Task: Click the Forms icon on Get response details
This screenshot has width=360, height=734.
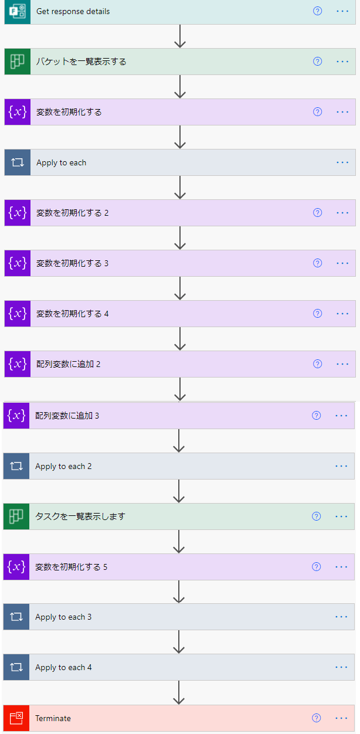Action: (17, 11)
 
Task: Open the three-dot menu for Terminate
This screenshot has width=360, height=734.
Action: (341, 718)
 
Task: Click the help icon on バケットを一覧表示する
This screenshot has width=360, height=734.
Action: (318, 62)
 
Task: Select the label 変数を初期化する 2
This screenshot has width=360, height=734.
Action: (73, 213)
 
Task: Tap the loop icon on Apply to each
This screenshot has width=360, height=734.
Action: (17, 162)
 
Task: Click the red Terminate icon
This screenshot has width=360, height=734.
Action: (16, 718)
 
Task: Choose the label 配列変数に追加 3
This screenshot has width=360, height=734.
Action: (67, 416)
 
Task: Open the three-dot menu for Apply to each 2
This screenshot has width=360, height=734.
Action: (341, 466)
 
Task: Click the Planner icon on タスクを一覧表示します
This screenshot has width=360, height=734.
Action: (16, 516)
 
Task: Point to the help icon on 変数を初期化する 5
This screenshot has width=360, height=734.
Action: (317, 567)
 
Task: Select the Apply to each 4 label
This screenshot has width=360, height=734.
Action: (63, 667)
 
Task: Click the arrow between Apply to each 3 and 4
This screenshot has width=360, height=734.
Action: (179, 642)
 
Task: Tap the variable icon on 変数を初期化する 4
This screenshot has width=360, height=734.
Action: (17, 314)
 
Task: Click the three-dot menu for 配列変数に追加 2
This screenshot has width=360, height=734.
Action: (342, 364)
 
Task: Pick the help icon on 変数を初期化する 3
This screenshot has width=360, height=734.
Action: (318, 263)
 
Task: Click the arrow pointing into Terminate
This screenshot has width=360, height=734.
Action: (179, 692)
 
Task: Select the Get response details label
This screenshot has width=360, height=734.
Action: (73, 11)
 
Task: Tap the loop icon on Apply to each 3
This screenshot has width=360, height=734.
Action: (16, 617)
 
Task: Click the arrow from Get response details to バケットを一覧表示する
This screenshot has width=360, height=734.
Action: (180, 36)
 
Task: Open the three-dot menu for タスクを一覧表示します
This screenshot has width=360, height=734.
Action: (341, 516)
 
